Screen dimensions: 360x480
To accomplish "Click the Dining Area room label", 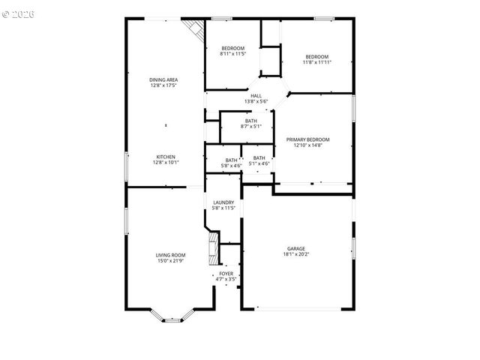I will point(163,79).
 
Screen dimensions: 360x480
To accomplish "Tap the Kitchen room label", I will point(166,157).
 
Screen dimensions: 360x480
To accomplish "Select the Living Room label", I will point(171,255).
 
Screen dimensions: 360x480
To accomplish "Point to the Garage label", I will point(296,248).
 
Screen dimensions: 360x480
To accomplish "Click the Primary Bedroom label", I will point(313,139).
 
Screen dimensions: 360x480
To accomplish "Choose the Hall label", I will point(256,95).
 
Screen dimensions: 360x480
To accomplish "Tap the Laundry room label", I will point(223,202).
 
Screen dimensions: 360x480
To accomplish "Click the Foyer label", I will point(226,274).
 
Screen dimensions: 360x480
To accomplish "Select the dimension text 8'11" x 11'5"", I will point(232,54).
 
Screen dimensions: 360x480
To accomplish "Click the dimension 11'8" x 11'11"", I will point(316,62).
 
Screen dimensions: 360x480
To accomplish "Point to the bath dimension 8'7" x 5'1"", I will point(250,127).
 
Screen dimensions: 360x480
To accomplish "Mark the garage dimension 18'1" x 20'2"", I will point(296,254).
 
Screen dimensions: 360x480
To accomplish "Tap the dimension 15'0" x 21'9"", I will point(171,261).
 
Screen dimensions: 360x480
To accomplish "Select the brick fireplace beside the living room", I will point(214,248).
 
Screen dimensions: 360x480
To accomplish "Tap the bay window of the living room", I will point(172,316).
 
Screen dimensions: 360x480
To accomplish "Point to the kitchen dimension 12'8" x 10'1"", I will point(166,162).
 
